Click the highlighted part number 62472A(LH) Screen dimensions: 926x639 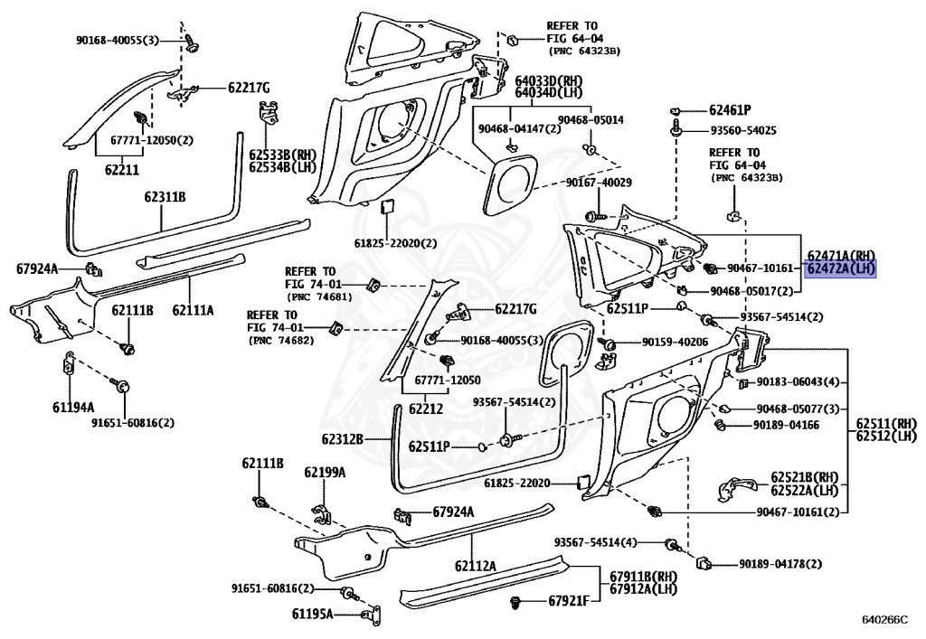click(x=841, y=269)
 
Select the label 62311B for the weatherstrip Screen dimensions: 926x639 click(x=165, y=196)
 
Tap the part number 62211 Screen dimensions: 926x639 click(x=122, y=169)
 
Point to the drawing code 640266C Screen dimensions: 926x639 click(x=884, y=619)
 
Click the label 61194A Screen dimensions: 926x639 click(x=73, y=407)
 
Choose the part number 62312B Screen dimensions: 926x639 click(x=343, y=439)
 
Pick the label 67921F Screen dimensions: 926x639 click(x=569, y=601)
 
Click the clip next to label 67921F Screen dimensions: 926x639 click(x=516, y=603)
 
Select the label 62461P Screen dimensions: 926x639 click(x=730, y=110)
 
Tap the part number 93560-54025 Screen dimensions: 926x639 click(x=743, y=130)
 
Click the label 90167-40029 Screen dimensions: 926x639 click(x=599, y=183)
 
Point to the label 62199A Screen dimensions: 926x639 click(x=325, y=472)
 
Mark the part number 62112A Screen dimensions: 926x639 click(x=476, y=566)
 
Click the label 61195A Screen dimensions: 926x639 click(x=312, y=615)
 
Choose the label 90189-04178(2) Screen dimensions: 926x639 click(x=780, y=564)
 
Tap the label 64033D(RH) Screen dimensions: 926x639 click(x=549, y=80)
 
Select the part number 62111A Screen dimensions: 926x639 click(x=194, y=309)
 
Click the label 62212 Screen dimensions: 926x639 click(x=426, y=409)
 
